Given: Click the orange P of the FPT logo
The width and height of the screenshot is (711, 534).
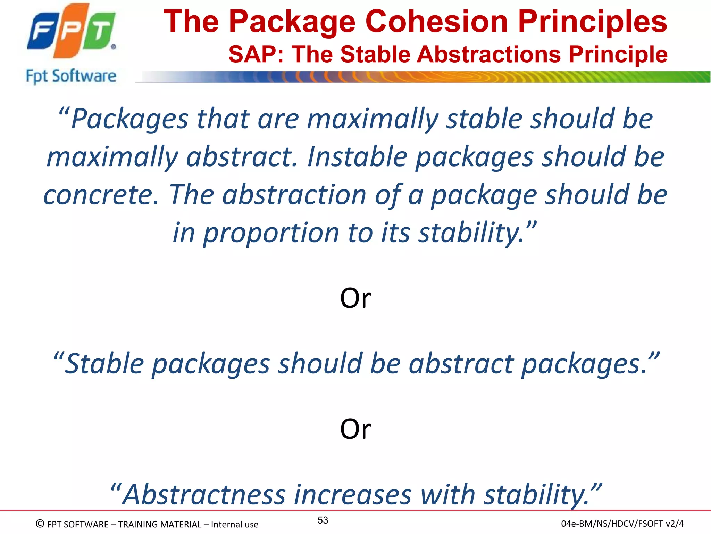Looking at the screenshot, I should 71,31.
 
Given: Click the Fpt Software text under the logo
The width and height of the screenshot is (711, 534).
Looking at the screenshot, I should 71,76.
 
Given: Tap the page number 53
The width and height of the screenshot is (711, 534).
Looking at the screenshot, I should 323,520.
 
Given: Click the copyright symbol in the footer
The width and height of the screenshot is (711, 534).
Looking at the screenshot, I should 40,524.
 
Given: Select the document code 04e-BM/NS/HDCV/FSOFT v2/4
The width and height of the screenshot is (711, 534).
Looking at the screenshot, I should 622,524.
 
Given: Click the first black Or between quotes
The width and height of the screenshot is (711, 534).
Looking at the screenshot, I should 355,298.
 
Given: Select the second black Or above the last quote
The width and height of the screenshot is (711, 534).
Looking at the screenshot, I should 355,429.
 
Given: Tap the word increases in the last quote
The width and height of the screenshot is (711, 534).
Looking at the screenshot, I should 353,494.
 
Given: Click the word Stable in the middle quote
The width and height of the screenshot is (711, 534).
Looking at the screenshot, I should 104,364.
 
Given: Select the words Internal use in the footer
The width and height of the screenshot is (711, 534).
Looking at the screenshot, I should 234,524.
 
